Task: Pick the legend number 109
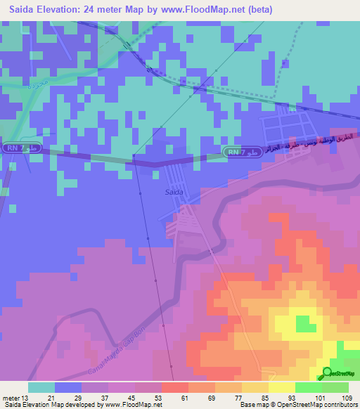[348, 397]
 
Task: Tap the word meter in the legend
[11, 397]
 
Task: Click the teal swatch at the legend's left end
[41, 387]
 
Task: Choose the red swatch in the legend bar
[174, 387]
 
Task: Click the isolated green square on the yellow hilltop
[305, 324]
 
